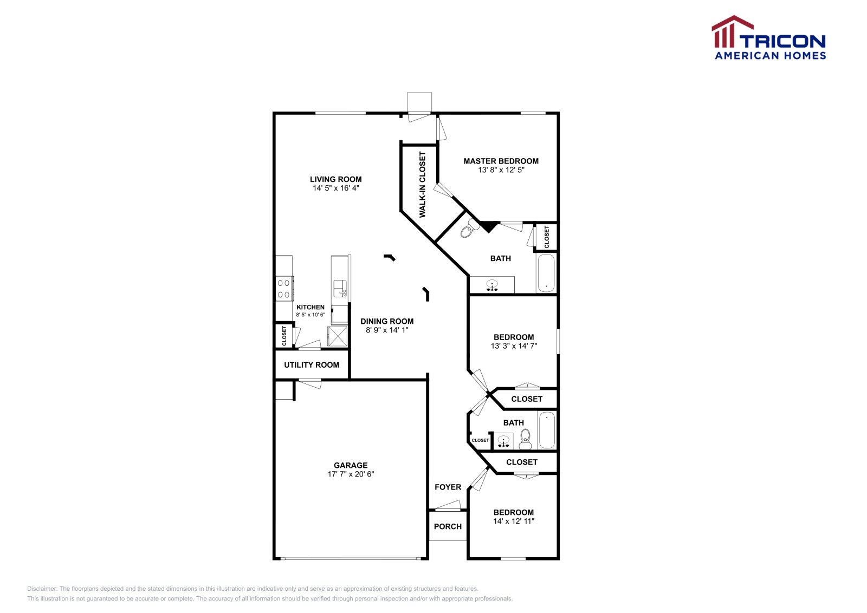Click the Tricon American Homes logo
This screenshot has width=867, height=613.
pyautogui.click(x=769, y=38)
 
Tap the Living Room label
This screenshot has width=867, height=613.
pyautogui.click(x=335, y=179)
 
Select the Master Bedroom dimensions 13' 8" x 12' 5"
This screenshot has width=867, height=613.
pyautogui.click(x=501, y=170)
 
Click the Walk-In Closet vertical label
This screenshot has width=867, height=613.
pyautogui.click(x=423, y=185)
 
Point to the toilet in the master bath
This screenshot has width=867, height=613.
pyautogui.click(x=467, y=231)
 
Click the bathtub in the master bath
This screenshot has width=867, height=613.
pyautogui.click(x=546, y=273)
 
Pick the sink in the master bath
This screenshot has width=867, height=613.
pyautogui.click(x=492, y=284)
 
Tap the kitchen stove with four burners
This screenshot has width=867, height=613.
pyautogui.click(x=283, y=289)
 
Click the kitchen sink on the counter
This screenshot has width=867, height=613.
pyautogui.click(x=340, y=288)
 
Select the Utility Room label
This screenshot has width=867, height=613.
pyautogui.click(x=312, y=365)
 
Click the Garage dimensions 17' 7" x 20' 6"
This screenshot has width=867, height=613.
pyautogui.click(x=351, y=474)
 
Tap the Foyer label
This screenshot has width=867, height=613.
pyautogui.click(x=448, y=487)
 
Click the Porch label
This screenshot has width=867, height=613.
pyautogui.click(x=448, y=526)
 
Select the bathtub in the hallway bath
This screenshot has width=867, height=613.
pyautogui.click(x=547, y=430)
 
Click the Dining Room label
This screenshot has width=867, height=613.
pyautogui.click(x=387, y=321)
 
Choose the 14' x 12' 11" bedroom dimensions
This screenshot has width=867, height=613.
pyautogui.click(x=513, y=521)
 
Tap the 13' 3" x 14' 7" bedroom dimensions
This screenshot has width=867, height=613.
pyautogui.click(x=513, y=346)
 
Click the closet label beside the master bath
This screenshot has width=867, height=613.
pyautogui.click(x=547, y=237)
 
